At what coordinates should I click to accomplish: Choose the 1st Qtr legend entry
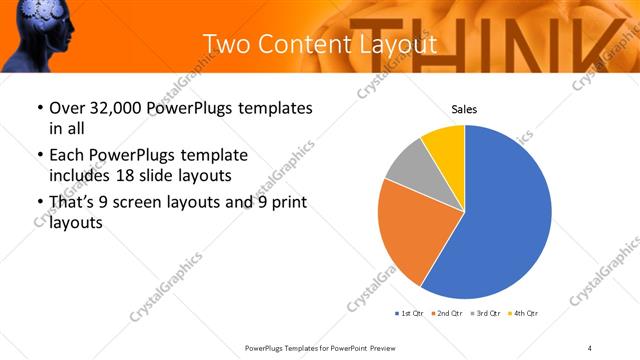pos(411,314)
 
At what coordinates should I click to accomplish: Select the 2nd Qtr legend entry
pos(449,314)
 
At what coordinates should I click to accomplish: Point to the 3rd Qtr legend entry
pos(487,314)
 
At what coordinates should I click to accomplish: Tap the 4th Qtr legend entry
pos(525,314)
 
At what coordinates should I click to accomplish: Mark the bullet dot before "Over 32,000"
pos(39,109)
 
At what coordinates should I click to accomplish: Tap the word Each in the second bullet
pos(68,156)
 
